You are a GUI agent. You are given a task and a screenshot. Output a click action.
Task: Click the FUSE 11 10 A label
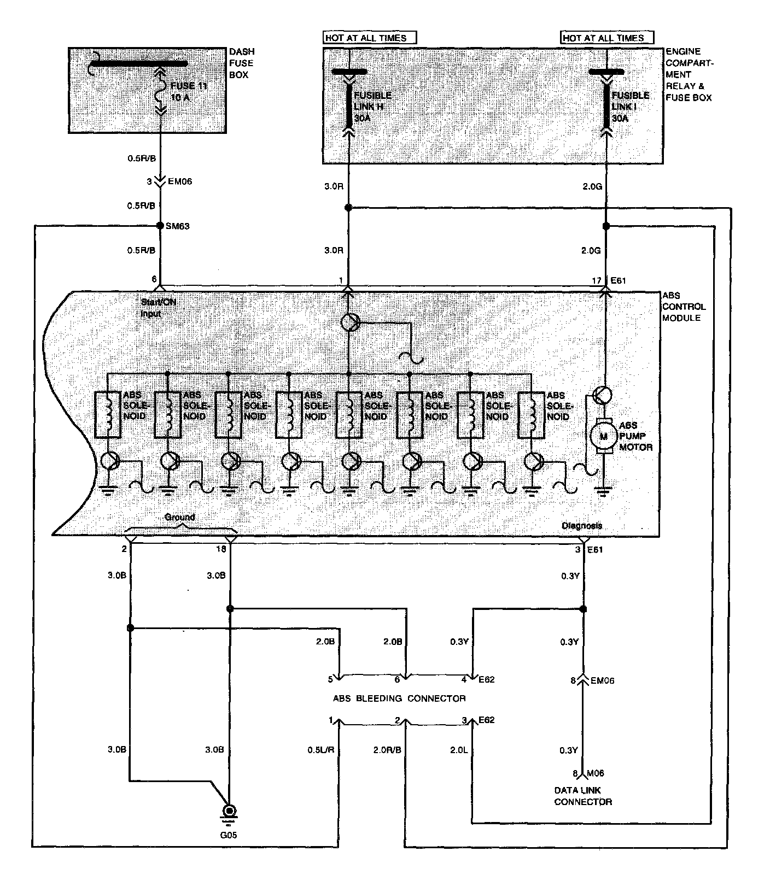point(189,92)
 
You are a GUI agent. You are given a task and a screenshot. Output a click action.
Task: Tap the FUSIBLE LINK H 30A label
point(372,107)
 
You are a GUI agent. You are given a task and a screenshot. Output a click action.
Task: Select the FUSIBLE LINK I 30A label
point(630,107)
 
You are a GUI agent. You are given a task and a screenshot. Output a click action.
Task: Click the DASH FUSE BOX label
point(241,63)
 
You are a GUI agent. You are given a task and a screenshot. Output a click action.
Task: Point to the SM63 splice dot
point(160,226)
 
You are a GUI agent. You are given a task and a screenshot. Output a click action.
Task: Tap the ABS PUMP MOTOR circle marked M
point(604,436)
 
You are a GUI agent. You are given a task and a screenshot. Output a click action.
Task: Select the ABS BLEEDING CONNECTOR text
point(399,698)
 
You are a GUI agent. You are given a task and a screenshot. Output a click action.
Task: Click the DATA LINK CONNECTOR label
point(583,796)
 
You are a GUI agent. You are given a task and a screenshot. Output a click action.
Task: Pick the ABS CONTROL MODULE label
point(684,307)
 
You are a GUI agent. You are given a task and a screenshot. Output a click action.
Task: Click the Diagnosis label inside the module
point(582,526)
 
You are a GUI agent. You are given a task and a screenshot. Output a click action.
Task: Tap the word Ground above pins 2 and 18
point(179,517)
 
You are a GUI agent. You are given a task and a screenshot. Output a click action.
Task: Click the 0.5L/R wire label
point(320,750)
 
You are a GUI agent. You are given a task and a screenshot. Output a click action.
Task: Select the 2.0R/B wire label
point(387,750)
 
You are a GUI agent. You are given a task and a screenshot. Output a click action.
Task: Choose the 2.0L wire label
point(458,750)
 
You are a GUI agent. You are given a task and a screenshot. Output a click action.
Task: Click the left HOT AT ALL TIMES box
point(369,38)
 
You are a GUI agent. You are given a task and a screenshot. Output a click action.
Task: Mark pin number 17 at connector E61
point(596,281)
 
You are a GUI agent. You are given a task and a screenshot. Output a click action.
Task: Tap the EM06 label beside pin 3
point(180,181)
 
